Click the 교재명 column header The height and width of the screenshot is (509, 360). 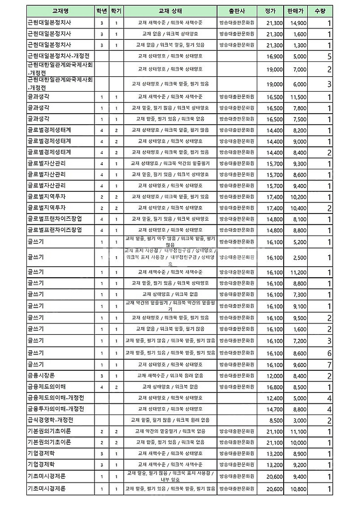(60, 11)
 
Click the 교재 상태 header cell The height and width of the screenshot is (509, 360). (169, 11)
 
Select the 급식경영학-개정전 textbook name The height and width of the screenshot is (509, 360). (50, 420)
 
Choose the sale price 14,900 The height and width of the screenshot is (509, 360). (299, 23)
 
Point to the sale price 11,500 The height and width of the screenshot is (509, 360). (299, 97)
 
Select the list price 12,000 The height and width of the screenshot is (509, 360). (275, 376)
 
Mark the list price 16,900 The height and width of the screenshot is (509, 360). (275, 56)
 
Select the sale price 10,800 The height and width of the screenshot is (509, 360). (299, 489)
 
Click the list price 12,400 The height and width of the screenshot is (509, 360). (275, 398)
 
